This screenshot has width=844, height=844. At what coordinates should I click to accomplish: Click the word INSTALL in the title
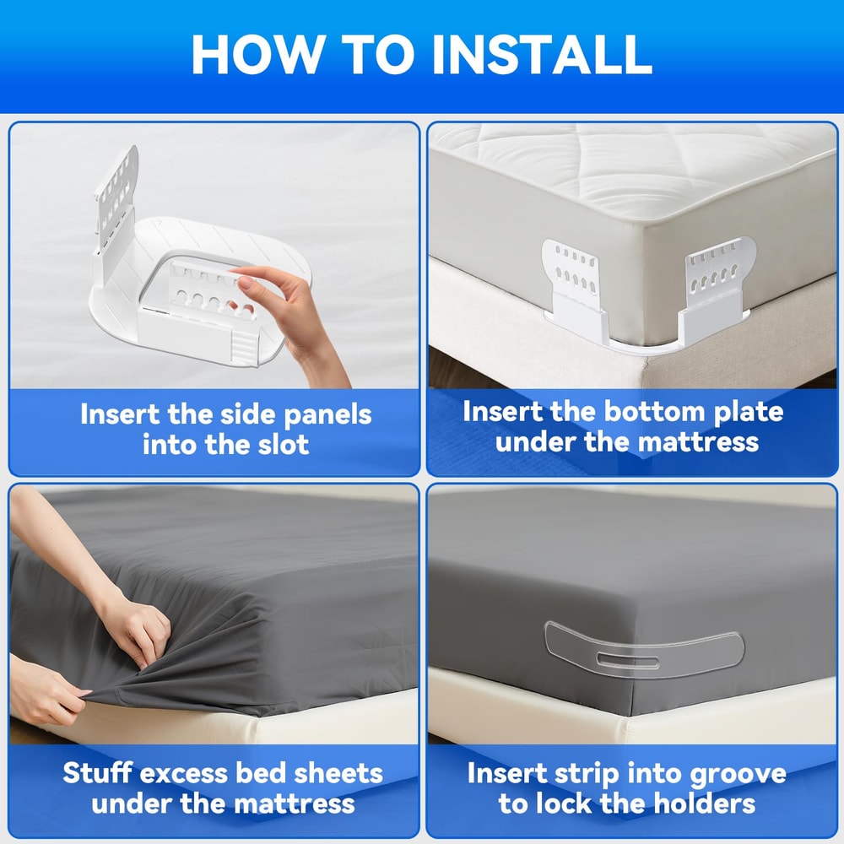(x=543, y=54)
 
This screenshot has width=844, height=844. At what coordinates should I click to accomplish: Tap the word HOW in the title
(x=257, y=54)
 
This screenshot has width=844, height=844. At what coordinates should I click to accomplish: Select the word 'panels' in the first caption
(x=327, y=415)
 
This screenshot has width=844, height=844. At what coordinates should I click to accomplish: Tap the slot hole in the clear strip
(x=627, y=659)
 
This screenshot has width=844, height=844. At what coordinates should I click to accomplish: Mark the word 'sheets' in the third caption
(x=338, y=773)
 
